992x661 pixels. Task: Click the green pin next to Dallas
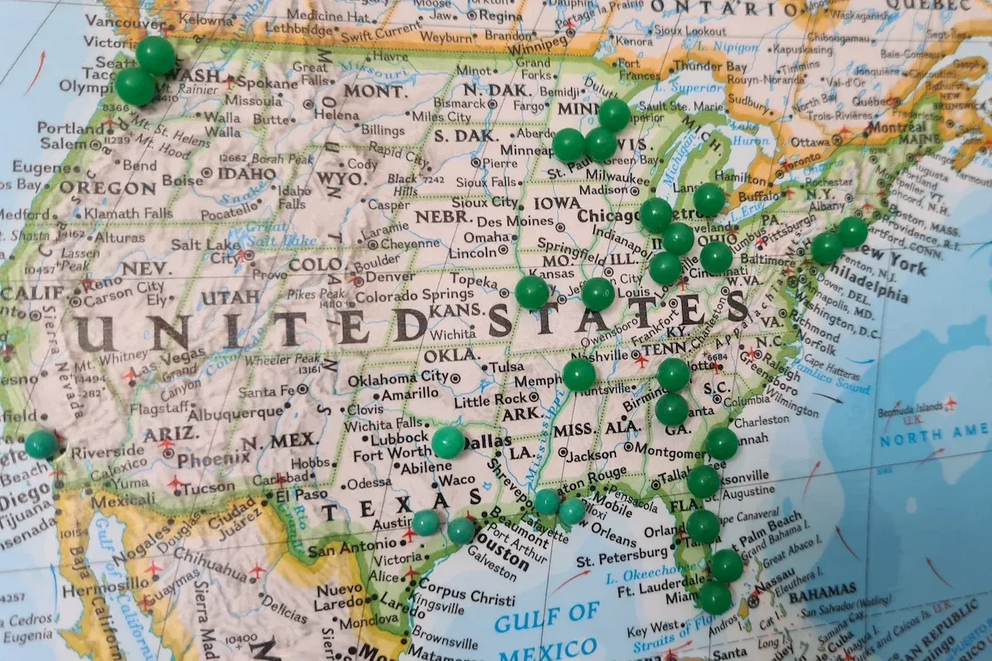[x=448, y=443]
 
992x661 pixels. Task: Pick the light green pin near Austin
[x=426, y=522]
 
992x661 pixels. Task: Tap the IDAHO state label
[x=246, y=174]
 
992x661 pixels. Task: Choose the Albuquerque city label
[x=238, y=412]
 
